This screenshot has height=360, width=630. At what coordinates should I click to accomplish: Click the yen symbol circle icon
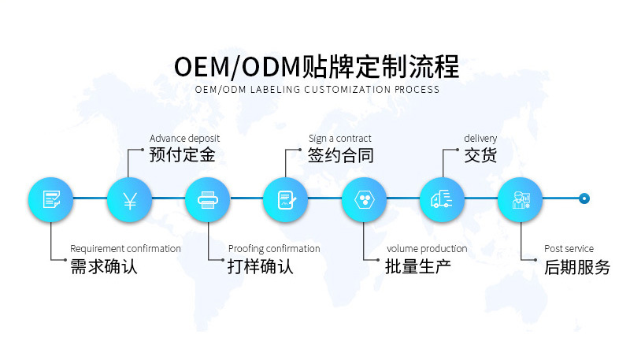pos(129,199)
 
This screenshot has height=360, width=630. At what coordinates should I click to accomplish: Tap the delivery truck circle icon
pos(442,199)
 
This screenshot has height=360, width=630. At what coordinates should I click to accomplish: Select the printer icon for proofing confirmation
pos(207,199)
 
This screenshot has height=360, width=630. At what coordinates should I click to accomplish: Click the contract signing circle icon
pos(285,199)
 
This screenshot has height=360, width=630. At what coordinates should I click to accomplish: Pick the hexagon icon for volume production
pos(364,199)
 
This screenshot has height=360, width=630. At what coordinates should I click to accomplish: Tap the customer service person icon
pos(521,199)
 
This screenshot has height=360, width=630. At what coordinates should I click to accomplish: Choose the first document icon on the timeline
pos(51,199)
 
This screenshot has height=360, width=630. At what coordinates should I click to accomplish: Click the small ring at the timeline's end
pos(584,199)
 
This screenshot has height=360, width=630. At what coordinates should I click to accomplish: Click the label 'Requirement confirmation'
pos(125,249)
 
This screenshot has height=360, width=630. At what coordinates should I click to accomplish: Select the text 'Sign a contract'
pos(339,139)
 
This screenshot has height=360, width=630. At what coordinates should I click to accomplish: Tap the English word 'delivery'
pos(480,139)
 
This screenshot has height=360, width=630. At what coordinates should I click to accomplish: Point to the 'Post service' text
pos(569,249)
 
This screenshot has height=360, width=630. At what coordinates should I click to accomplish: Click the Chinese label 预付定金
pos(182,155)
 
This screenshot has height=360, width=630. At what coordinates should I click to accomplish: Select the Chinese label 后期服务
pos(576,267)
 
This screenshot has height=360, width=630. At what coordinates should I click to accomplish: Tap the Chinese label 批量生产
pos(417,267)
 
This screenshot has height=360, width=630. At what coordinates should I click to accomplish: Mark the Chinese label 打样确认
pos(260,267)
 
